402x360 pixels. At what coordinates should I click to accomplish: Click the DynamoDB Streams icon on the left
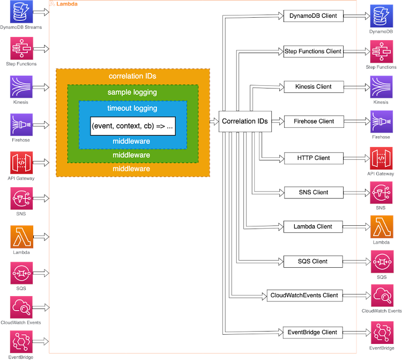click(x=21, y=12)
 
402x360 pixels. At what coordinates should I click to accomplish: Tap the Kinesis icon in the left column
click(x=21, y=86)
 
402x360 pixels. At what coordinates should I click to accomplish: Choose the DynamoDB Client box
click(x=313, y=16)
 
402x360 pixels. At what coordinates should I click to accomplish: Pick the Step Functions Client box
click(x=313, y=52)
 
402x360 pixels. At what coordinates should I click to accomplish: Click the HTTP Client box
click(x=313, y=158)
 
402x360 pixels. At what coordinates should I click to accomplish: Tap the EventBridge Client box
click(x=311, y=332)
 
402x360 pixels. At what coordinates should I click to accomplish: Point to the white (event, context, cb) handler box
click(x=132, y=127)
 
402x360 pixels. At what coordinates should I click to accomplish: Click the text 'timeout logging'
click(x=132, y=108)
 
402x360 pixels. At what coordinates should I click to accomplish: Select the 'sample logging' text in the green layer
click(x=132, y=92)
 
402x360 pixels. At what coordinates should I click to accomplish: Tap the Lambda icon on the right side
click(x=381, y=227)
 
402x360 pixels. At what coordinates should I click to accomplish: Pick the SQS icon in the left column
click(x=21, y=273)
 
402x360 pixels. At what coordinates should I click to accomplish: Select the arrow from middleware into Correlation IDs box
click(x=214, y=122)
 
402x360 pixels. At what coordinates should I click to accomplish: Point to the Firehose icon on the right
click(x=381, y=122)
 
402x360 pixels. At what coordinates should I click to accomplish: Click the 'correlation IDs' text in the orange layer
click(x=132, y=76)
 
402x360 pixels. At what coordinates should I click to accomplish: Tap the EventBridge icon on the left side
click(x=21, y=342)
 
